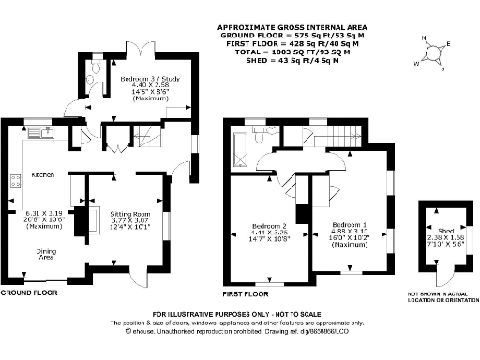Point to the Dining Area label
44,252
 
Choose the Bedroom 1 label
347,225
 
